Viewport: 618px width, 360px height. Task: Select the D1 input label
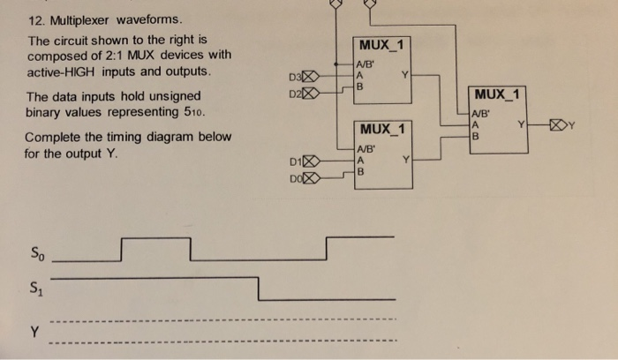[296, 161]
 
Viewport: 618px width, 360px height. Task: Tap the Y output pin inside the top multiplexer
[404, 75]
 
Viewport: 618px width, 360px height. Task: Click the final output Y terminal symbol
[561, 124]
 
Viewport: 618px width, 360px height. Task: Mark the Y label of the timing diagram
[34, 333]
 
